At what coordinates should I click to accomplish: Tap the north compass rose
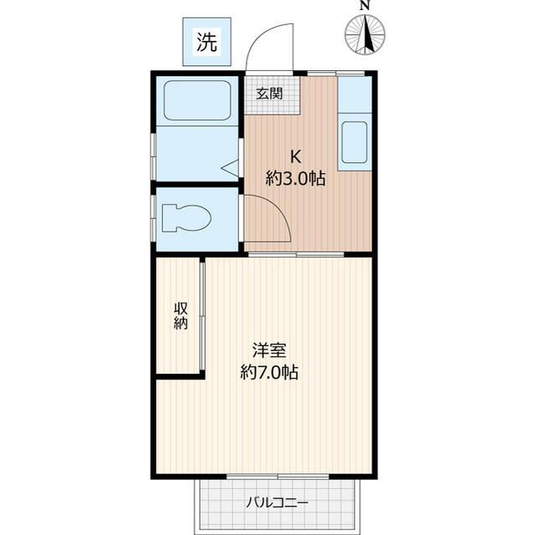[365, 35]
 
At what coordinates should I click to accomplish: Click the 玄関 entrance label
[268, 93]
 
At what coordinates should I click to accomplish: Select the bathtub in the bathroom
[197, 101]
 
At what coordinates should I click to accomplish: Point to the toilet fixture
[186, 219]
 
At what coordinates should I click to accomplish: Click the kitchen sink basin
[354, 142]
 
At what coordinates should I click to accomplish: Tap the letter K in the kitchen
[295, 155]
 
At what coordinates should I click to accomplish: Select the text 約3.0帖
[295, 177]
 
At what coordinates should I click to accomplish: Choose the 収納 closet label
[181, 315]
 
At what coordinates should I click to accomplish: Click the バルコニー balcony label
[277, 503]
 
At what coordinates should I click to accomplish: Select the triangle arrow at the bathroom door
[230, 168]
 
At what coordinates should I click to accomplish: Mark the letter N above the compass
[365, 5]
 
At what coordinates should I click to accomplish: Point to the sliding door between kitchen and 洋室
[294, 253]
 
